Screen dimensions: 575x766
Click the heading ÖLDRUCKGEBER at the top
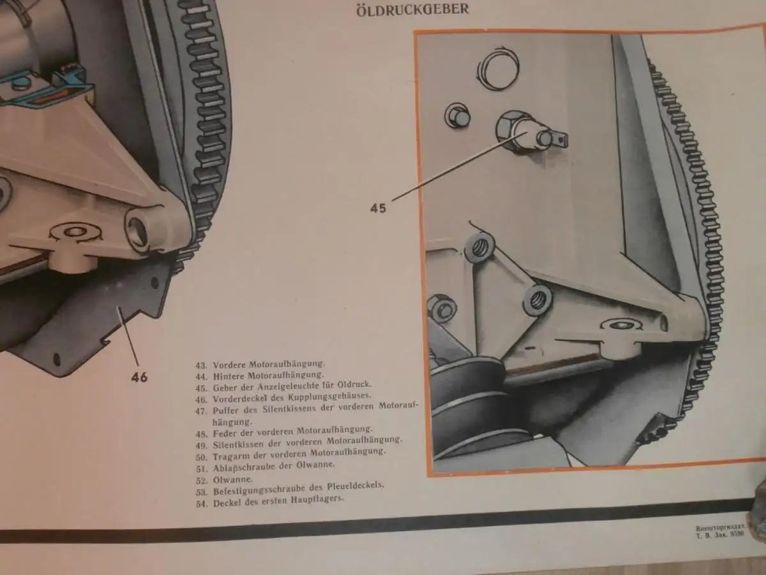(412, 10)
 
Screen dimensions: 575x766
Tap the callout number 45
(379, 208)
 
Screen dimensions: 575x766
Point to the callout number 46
(139, 377)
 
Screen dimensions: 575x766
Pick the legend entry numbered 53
(290, 486)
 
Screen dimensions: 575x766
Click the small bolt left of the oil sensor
(458, 117)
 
